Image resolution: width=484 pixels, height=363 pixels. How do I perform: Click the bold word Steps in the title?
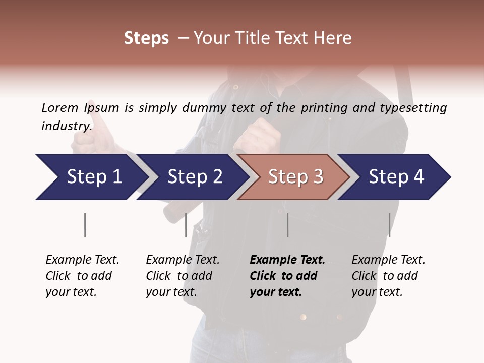[x=146, y=38]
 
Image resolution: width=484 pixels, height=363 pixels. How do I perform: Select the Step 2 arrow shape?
[x=195, y=176]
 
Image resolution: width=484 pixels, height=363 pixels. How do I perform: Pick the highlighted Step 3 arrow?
[x=295, y=176]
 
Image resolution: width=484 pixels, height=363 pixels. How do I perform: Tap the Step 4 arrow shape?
[x=396, y=176]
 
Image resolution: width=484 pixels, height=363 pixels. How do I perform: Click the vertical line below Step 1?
[x=85, y=225]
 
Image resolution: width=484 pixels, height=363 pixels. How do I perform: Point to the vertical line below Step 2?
[x=186, y=225]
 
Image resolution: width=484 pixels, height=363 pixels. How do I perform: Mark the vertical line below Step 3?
[x=287, y=225]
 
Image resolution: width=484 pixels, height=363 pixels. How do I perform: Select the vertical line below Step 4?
[x=389, y=225]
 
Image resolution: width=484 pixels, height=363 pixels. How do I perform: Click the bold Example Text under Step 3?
[x=287, y=260]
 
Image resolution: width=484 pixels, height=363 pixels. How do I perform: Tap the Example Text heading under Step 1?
[x=82, y=260]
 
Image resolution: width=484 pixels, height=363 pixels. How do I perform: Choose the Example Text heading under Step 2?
[x=183, y=260]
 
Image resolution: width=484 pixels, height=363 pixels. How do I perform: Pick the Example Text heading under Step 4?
[x=388, y=260]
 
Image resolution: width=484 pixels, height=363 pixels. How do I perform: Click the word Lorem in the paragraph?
[x=60, y=107]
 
